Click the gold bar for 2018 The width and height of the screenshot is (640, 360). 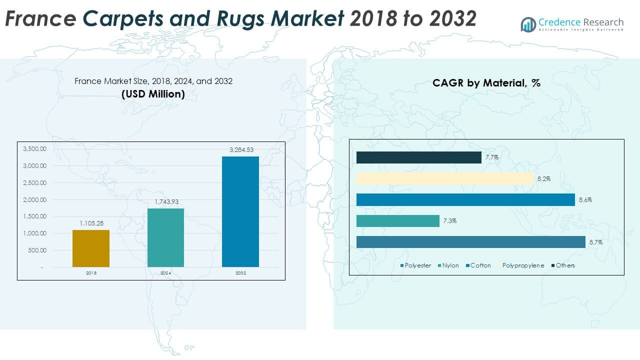91,248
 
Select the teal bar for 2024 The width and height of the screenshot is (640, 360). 165,237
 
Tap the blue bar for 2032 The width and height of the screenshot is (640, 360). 240,211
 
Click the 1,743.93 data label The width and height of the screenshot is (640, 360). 165,201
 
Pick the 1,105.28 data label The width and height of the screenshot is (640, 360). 91,223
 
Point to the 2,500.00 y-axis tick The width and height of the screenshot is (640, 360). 34,182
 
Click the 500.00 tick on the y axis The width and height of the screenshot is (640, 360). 37,250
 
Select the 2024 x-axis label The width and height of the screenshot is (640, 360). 165,273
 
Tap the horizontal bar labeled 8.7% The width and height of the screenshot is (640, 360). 470,242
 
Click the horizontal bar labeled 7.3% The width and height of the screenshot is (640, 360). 398,221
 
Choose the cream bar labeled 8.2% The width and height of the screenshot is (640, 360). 444,179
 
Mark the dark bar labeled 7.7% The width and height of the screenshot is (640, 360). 419,157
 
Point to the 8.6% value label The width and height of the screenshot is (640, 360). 585,200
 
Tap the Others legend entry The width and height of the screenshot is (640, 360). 562,265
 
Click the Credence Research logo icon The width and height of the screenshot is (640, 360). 528,24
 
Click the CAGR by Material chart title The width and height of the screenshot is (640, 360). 486,83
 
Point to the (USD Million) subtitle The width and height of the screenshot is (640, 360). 153,93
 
